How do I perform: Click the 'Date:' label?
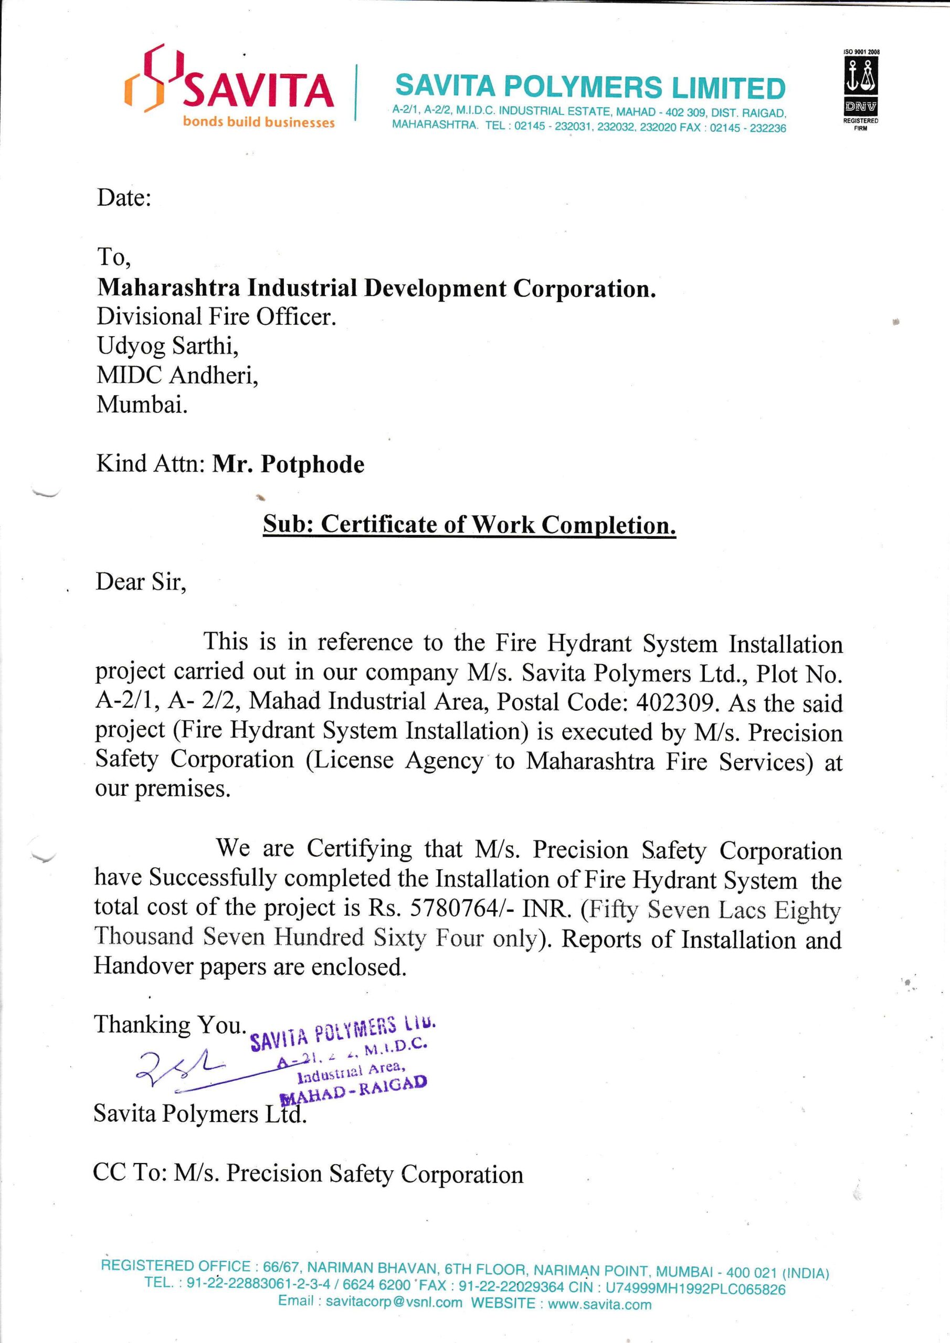pyautogui.click(x=123, y=198)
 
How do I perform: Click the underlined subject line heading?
pyautogui.click(x=469, y=524)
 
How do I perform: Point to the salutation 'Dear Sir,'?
pyautogui.click(x=141, y=582)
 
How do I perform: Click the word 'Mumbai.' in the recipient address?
pyautogui.click(x=142, y=404)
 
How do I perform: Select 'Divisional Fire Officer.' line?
pyautogui.click(x=217, y=317)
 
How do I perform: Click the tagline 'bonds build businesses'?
pyautogui.click(x=259, y=122)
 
